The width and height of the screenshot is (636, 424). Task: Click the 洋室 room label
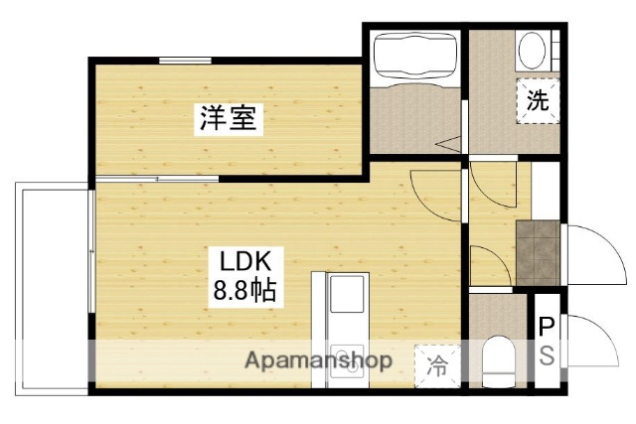(x=229, y=119)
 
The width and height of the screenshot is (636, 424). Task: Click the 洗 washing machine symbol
(x=537, y=99)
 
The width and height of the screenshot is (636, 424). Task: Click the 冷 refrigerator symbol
(x=436, y=364)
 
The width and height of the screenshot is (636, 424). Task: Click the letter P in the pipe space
(x=546, y=326)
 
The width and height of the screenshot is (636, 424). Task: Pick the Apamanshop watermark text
(x=319, y=360)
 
